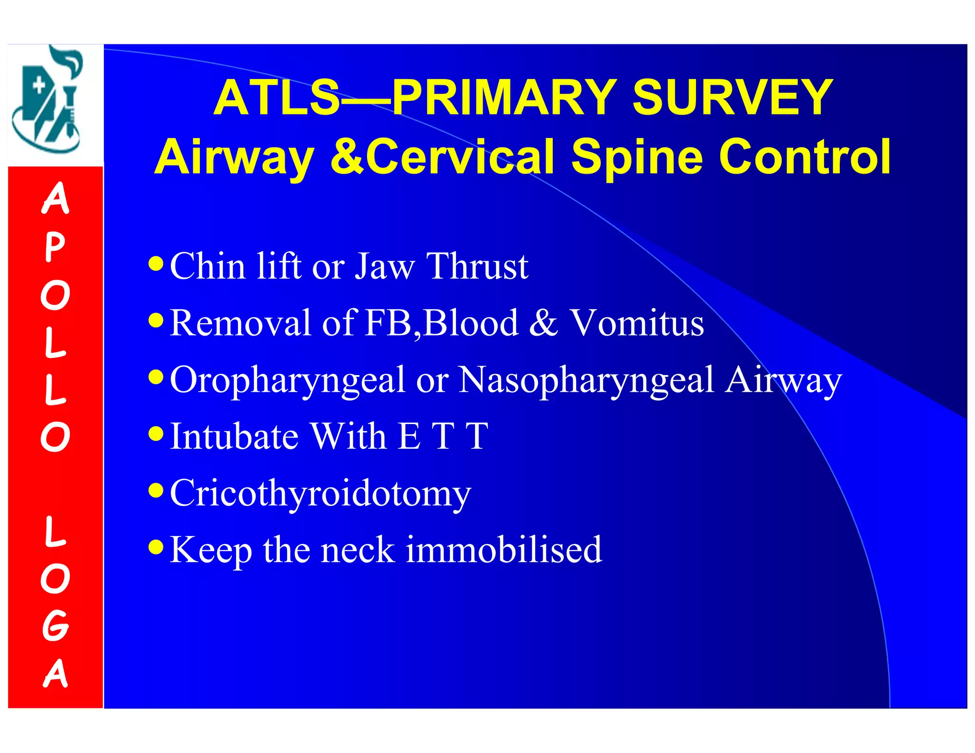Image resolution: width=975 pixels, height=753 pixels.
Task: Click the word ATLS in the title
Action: [x=276, y=98]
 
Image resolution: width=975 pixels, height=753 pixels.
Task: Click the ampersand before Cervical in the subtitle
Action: [x=347, y=157]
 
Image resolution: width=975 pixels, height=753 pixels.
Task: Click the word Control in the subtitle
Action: [x=805, y=157]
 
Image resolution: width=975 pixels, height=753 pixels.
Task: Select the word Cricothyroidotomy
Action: [x=320, y=494]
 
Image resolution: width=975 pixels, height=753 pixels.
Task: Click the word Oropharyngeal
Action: [x=287, y=381]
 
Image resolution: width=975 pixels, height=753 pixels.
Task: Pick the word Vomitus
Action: [x=637, y=323]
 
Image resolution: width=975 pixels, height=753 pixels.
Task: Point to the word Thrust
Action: [x=477, y=267]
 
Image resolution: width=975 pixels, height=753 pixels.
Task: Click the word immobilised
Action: [x=504, y=550]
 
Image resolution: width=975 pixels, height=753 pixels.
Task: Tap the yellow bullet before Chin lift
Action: [x=156, y=263]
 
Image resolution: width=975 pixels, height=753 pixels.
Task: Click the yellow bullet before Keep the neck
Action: [x=156, y=546]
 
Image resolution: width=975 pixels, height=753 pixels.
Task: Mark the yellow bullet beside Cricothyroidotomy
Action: [x=156, y=490]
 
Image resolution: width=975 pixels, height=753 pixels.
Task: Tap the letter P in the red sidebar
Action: [x=55, y=247]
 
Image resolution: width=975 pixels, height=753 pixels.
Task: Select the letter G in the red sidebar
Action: [x=55, y=625]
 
